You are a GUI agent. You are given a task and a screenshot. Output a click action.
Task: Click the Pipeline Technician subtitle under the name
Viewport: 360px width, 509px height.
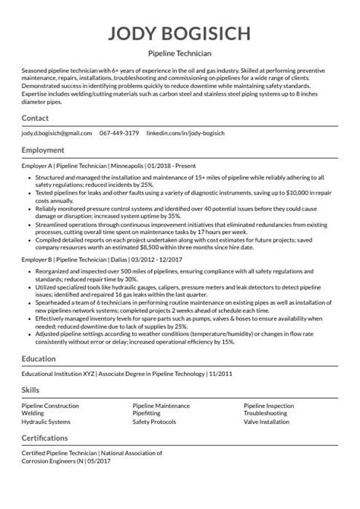tap(180, 54)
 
